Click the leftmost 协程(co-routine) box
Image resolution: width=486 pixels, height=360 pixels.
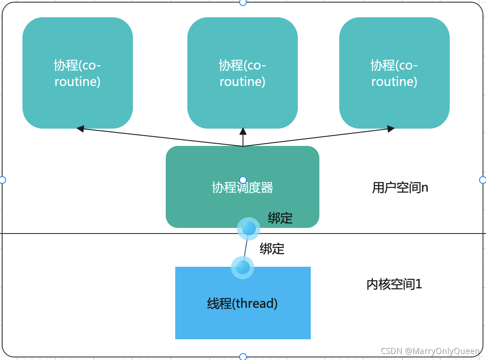point(78,73)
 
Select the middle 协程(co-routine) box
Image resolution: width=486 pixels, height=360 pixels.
point(243,73)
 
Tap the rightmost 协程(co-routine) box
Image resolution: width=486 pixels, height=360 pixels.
point(394,73)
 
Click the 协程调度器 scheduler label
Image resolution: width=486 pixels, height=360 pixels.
point(243,188)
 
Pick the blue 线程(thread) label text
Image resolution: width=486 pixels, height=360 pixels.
point(243,303)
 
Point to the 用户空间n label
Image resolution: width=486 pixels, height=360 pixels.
point(400,188)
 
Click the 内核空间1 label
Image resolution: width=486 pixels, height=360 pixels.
point(394,284)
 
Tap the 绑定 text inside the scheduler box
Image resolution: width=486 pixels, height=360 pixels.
point(280,218)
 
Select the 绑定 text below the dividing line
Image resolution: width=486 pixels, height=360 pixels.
point(272,249)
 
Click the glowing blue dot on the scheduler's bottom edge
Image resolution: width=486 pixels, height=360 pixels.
point(249,228)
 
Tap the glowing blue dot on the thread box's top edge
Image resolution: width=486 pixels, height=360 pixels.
point(243,267)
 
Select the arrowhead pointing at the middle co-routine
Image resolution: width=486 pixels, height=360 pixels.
point(243,131)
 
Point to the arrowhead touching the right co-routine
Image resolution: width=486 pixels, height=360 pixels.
point(391,129)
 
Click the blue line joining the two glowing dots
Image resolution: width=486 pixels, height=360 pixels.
point(246,248)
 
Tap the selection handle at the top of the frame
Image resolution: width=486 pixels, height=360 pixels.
point(243,2)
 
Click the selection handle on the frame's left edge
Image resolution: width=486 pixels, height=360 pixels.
point(2,180)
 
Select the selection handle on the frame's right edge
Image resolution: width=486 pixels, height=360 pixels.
point(483,180)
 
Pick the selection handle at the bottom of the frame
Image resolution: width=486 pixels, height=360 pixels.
point(243,357)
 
